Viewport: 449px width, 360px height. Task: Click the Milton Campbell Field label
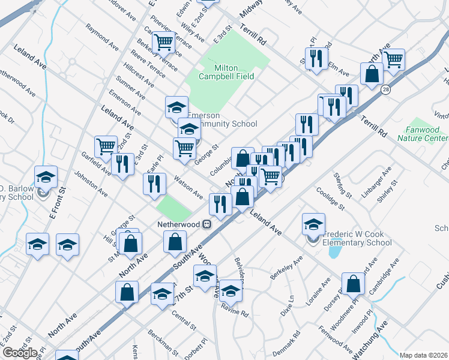(x=226, y=72)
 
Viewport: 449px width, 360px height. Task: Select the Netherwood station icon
(x=206, y=224)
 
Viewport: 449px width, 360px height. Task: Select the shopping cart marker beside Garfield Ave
(x=106, y=146)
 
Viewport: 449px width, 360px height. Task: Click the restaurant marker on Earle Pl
(x=154, y=183)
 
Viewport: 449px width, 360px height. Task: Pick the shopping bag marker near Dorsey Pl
(x=353, y=284)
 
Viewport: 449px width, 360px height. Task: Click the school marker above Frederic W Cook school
(x=313, y=224)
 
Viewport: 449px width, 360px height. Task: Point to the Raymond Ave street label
(x=102, y=37)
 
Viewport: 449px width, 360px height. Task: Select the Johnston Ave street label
(x=91, y=184)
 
